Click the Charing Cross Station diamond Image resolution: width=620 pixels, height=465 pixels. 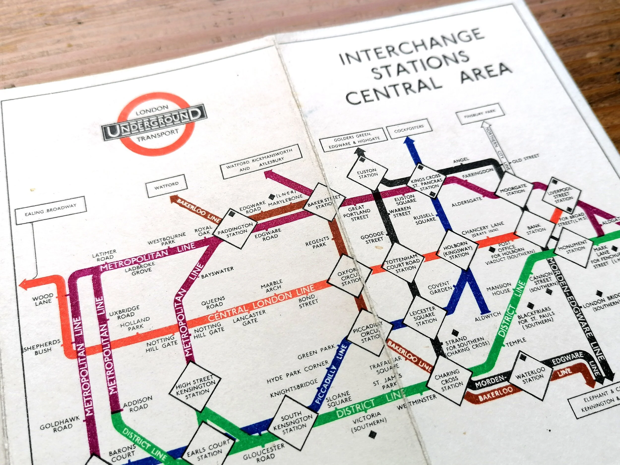450,379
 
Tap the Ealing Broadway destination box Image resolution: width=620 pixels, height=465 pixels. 50,210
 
